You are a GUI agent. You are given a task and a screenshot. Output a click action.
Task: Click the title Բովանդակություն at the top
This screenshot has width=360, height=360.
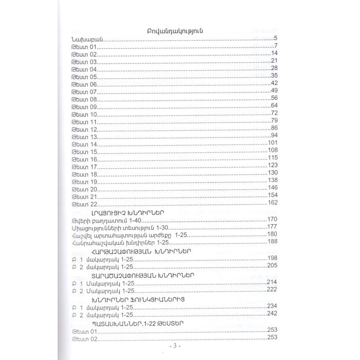click(172, 31)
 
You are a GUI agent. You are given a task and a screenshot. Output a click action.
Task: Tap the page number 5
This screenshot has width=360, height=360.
click(276, 39)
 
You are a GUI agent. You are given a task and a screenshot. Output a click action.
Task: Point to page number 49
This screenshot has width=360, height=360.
click(274, 91)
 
